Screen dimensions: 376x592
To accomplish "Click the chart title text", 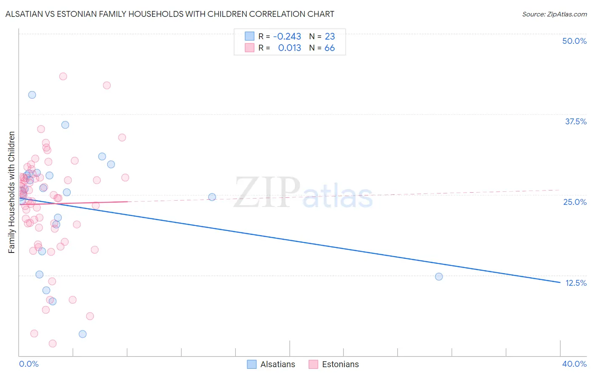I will [170, 14].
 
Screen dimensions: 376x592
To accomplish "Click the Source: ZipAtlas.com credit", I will [554, 14].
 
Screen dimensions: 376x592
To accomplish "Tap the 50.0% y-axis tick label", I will [574, 41].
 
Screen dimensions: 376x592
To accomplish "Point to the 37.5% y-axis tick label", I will [576, 121].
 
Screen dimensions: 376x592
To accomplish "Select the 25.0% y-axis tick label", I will [575, 202].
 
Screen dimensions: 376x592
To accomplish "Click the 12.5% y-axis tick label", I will [576, 283].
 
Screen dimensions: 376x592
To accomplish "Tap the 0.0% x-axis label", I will [29, 364].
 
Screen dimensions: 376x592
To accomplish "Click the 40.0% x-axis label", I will [574, 364].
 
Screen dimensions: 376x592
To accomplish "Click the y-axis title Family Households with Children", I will [12, 192].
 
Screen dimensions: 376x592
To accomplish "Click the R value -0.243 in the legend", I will [287, 37].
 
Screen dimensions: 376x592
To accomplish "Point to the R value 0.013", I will [290, 48].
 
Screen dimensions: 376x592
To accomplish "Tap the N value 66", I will [330, 48].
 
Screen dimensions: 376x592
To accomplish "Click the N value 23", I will [330, 37].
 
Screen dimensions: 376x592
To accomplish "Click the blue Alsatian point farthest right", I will [439, 277].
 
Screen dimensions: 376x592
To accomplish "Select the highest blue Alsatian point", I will [32, 95].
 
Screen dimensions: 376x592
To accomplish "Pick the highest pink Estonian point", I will [63, 76].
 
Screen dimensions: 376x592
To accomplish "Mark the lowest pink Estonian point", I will [53, 344].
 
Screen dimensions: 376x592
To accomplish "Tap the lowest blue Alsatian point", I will [83, 334].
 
